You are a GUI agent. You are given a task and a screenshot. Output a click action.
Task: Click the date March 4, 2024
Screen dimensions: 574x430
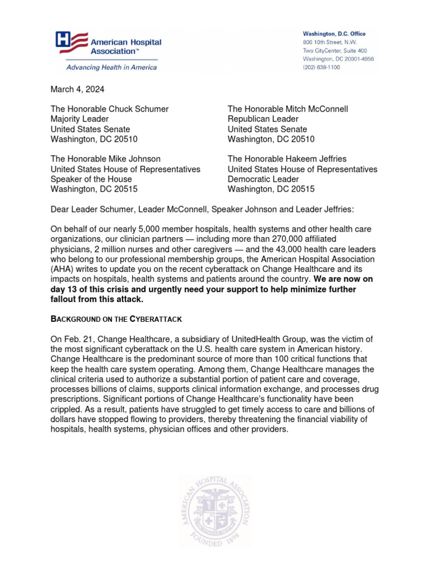click(x=77, y=89)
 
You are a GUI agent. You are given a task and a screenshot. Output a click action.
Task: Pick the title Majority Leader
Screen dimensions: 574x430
click(x=80, y=119)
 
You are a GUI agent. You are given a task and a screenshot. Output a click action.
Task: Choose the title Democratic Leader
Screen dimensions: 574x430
click(x=263, y=179)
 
